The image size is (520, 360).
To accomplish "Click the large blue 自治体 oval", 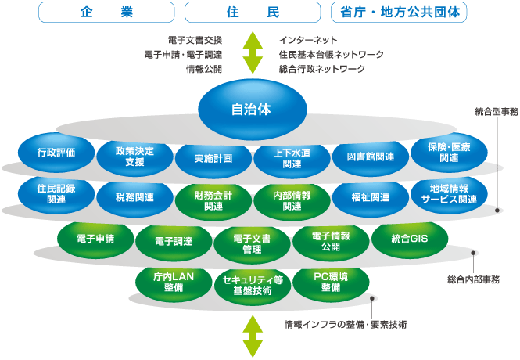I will [x=252, y=109].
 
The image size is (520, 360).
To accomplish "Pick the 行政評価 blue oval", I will [x=56, y=153].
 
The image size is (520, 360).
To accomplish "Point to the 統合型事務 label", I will [x=496, y=112].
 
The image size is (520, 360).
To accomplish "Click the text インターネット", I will [x=308, y=39].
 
